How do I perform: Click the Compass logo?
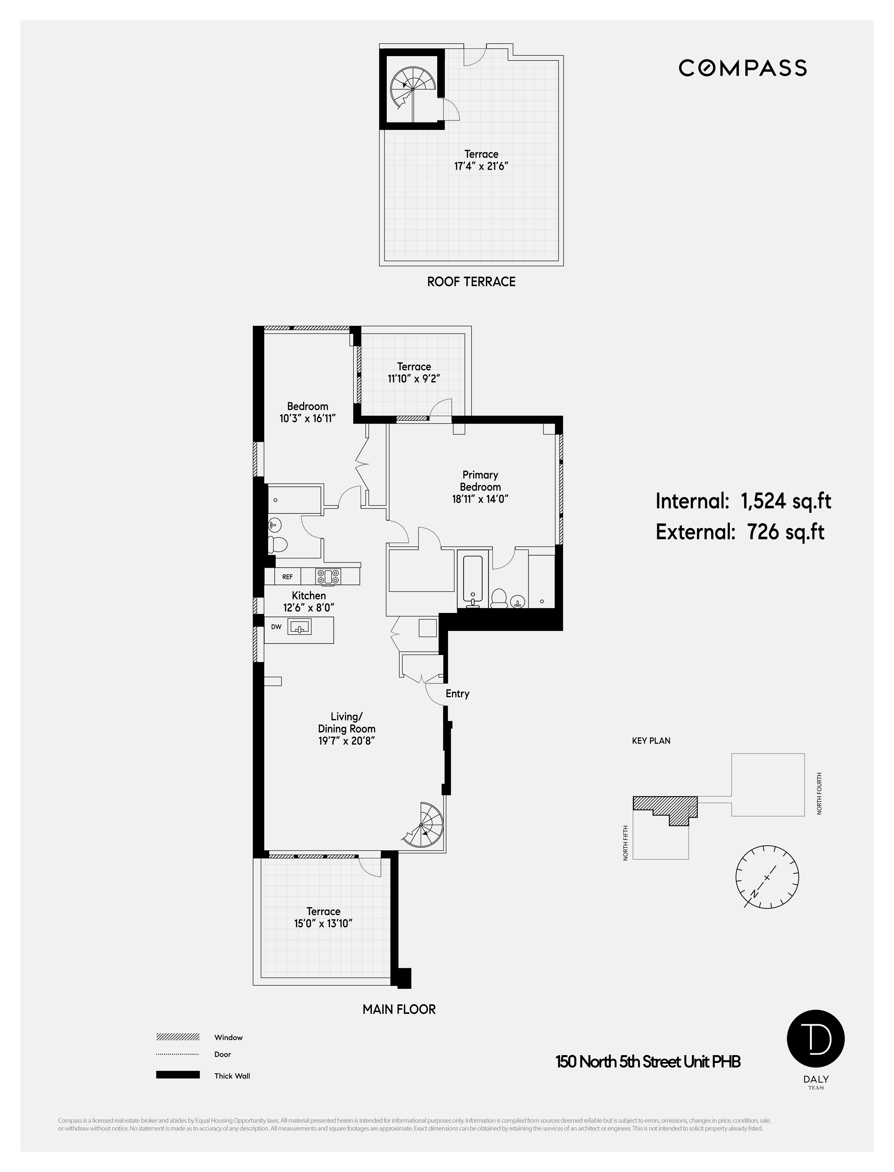[x=742, y=68]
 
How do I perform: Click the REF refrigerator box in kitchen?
[x=287, y=577]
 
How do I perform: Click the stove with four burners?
[x=328, y=577]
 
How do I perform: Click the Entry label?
[x=457, y=694]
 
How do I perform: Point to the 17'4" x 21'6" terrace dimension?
[x=481, y=166]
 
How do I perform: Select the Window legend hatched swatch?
[x=178, y=1037]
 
